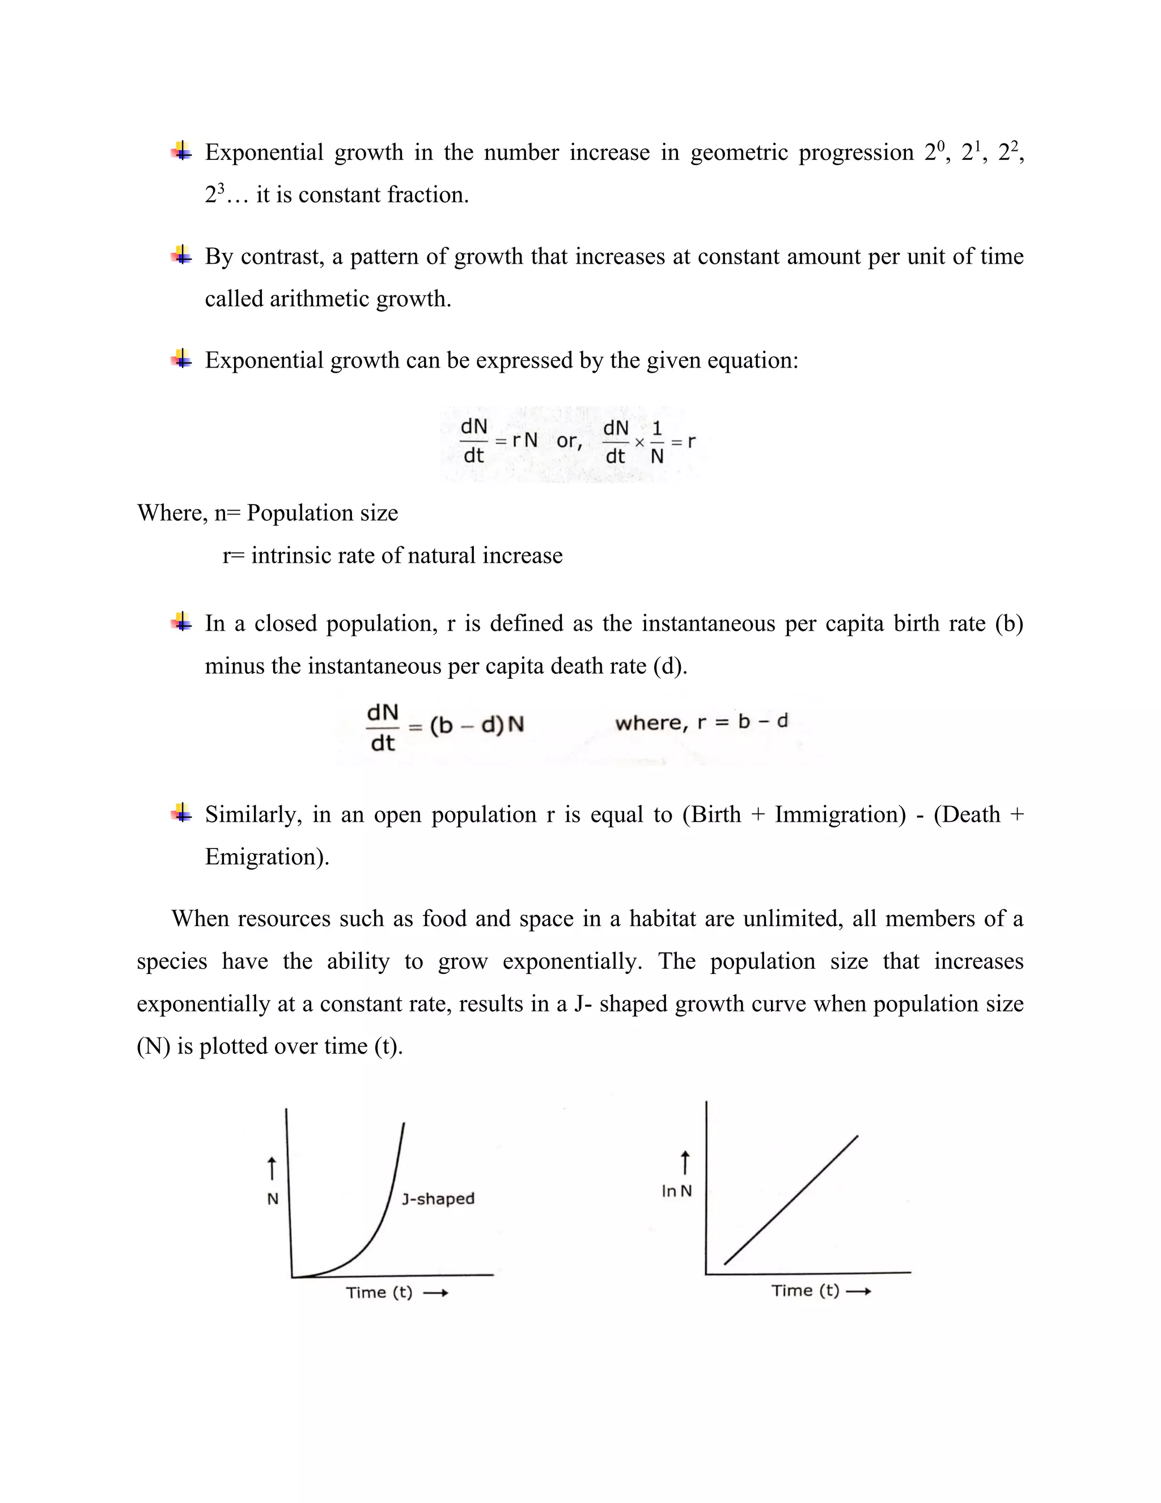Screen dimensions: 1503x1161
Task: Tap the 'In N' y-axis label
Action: tap(677, 1190)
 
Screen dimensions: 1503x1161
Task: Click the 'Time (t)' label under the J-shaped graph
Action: tap(379, 1291)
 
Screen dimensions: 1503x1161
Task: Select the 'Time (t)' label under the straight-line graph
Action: tap(806, 1290)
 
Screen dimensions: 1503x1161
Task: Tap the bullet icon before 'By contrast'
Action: tap(181, 256)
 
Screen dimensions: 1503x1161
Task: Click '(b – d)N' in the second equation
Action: tap(477, 725)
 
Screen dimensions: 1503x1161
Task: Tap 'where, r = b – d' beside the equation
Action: tap(701, 722)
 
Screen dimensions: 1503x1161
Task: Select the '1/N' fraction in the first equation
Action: tap(657, 442)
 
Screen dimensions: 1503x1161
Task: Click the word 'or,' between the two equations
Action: tap(569, 441)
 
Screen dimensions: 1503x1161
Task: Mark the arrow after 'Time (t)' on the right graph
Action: tap(858, 1291)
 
